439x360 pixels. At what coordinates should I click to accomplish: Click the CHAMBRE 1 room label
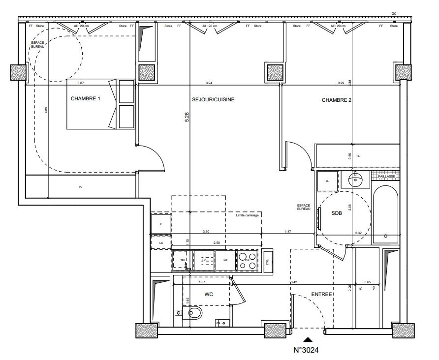coord(86,99)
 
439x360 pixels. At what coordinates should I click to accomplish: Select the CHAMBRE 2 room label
coord(337,100)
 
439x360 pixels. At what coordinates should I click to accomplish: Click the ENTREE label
coord(322,294)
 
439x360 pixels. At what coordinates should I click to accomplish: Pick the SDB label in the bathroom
coord(336,212)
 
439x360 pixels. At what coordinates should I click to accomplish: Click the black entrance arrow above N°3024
coord(308,339)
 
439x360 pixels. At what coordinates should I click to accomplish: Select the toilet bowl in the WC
coord(193,313)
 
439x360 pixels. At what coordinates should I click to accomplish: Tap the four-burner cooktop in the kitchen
coord(248,260)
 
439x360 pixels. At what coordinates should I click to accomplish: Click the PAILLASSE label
coord(386,176)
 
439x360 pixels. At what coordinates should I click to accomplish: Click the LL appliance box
coord(327,180)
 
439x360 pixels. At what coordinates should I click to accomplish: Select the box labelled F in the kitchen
coord(161,224)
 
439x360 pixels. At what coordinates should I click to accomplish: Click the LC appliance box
coord(161,242)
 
